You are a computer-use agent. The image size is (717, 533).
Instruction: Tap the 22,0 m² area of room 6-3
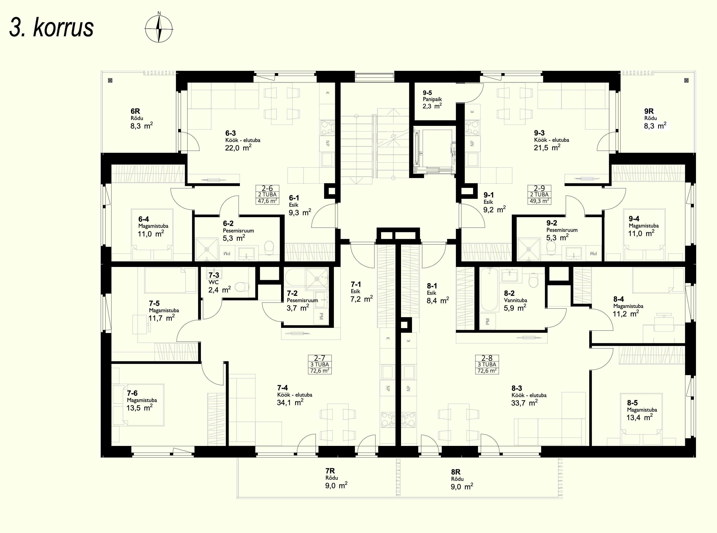238,148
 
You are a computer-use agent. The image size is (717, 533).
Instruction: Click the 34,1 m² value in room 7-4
290,403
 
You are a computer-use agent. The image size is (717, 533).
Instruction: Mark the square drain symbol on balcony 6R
110,80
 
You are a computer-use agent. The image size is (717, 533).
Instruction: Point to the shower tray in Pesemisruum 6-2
207,249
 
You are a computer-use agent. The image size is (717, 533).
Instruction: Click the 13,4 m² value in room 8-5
639,418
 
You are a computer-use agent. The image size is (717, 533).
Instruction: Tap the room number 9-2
552,223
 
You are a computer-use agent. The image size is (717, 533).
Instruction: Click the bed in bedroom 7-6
139,405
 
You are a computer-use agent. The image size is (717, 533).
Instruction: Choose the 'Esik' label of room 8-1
431,293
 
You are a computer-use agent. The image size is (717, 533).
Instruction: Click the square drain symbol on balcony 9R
686,80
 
